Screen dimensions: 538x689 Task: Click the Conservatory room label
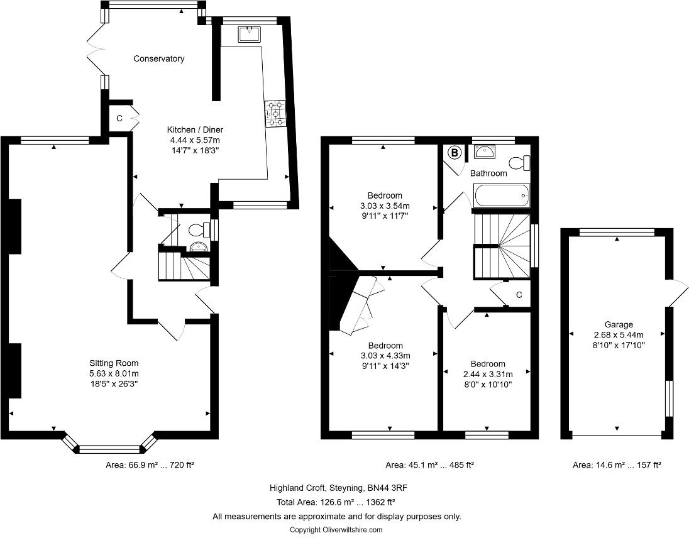159,58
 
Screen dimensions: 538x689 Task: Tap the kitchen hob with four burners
275,114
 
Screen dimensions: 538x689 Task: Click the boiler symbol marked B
453,152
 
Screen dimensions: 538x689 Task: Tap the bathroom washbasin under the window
485,151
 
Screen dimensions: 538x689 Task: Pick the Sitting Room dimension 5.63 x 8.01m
113,373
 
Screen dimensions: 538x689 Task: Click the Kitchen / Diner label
195,129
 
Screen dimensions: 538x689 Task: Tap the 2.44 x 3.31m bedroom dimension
488,374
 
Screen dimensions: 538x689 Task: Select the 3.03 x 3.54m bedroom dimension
385,206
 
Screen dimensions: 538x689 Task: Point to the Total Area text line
335,502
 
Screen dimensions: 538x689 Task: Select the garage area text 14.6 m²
616,465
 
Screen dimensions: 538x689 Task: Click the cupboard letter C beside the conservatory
119,118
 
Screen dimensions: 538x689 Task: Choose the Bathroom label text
488,173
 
